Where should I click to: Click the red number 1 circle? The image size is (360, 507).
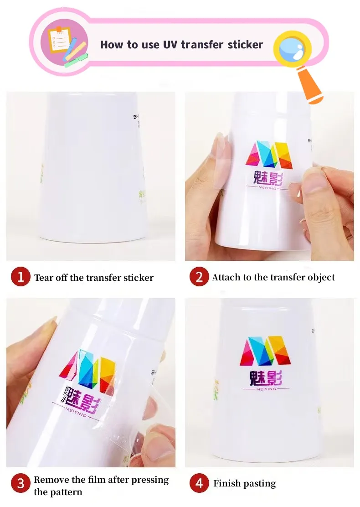pyautogui.click(x=21, y=277)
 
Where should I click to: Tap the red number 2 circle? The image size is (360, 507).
pyautogui.click(x=199, y=277)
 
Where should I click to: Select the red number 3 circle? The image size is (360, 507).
pyautogui.click(x=21, y=483)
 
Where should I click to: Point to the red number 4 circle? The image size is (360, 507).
pyautogui.click(x=199, y=483)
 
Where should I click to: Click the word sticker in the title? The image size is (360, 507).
pyautogui.click(x=245, y=45)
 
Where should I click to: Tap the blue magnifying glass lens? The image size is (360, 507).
pyautogui.click(x=292, y=48)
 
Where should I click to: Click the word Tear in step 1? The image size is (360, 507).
pyautogui.click(x=44, y=278)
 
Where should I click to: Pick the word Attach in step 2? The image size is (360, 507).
pyautogui.click(x=227, y=277)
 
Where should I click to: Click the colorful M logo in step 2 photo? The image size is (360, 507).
pyautogui.click(x=268, y=155)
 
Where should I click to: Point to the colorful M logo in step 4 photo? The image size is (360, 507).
pyautogui.click(x=266, y=351)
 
